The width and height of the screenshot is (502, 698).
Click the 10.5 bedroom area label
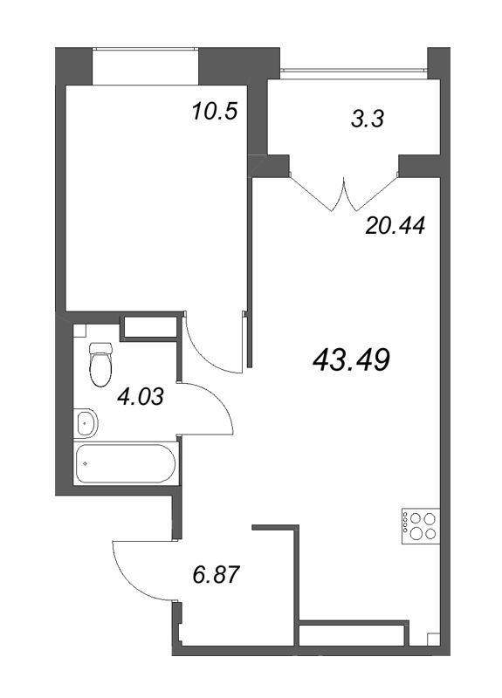[x=214, y=112]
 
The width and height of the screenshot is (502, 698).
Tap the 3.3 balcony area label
[x=367, y=120]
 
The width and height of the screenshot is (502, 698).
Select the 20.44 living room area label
[x=395, y=226]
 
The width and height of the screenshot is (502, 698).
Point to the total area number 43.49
[x=352, y=359]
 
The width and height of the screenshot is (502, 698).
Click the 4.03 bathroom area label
[x=141, y=396]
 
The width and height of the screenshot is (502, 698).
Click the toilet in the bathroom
[x=100, y=363]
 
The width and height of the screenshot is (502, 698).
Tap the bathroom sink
[x=85, y=423]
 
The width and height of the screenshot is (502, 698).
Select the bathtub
[x=126, y=463]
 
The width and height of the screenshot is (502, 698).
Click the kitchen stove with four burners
[x=421, y=526]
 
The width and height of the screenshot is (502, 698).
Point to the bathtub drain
[x=85, y=463]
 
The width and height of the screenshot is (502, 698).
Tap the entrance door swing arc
[x=134, y=571]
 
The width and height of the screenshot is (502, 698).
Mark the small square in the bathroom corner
[x=79, y=331]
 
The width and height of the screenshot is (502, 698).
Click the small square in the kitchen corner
[x=433, y=640]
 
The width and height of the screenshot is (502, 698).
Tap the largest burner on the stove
[x=416, y=533]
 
